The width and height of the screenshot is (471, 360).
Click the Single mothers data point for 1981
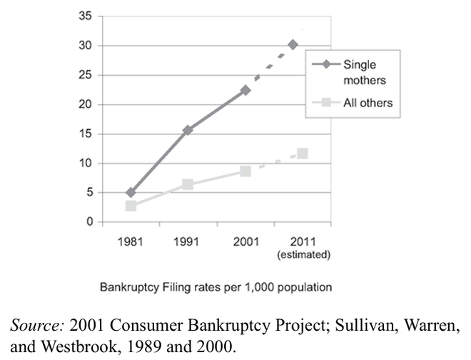tap(131, 192)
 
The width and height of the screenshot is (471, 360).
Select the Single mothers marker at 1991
tap(188, 130)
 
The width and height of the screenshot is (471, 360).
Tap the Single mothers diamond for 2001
tap(245, 90)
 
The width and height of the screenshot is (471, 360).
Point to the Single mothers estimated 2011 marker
tap(293, 44)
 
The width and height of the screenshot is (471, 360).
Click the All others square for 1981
tap(131, 206)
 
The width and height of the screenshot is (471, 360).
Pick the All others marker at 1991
tap(188, 184)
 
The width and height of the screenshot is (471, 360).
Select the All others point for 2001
tap(245, 171)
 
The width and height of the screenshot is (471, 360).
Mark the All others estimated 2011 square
tap(303, 154)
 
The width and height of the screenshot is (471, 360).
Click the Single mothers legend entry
tap(354, 70)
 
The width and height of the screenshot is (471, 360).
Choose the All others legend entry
tap(354, 103)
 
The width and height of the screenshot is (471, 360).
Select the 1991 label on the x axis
tap(188, 241)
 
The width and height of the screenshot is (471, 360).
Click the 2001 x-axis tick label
tap(245, 241)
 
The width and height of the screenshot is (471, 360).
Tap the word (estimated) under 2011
tap(303, 253)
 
